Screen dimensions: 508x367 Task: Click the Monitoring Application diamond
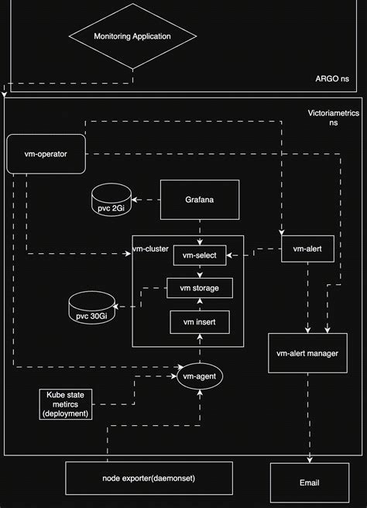click(132, 36)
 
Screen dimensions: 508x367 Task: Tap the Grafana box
click(199, 200)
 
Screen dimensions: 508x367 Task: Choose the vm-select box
click(199, 255)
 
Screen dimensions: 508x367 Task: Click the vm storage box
click(199, 289)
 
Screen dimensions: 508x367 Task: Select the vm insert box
click(199, 321)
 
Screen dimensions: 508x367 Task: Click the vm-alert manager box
click(309, 353)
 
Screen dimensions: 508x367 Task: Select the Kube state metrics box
click(67, 403)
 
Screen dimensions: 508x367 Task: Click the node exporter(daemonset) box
click(149, 478)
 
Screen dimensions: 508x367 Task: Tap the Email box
click(309, 482)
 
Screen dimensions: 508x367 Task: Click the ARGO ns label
click(332, 79)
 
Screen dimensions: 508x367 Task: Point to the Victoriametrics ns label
click(334, 118)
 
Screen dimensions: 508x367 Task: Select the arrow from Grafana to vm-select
click(199, 230)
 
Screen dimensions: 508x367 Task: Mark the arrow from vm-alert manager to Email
click(309, 418)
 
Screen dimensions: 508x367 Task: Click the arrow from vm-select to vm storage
click(199, 272)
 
